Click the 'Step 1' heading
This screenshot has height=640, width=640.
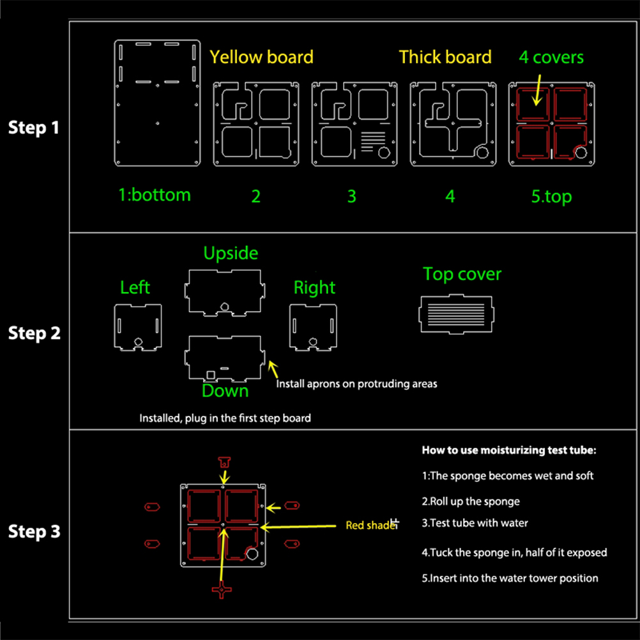pyautogui.click(x=33, y=127)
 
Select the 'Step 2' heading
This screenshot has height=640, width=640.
pyautogui.click(x=33, y=333)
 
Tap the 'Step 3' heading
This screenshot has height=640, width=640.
pyautogui.click(x=33, y=531)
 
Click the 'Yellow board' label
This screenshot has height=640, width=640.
pyautogui.click(x=261, y=57)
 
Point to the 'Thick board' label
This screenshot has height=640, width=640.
pyautogui.click(x=445, y=57)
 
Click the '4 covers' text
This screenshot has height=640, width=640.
pyautogui.click(x=551, y=57)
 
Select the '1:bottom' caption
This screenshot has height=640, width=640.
pyautogui.click(x=155, y=194)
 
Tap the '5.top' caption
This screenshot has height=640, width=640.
pyautogui.click(x=551, y=196)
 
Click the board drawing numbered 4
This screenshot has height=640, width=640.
pyautogui.click(x=450, y=124)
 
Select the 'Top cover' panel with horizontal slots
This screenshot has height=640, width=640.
pyautogui.click(x=456, y=314)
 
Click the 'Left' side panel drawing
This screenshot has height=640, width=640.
pyautogui.click(x=137, y=326)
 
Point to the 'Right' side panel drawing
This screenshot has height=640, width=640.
pyautogui.click(x=313, y=326)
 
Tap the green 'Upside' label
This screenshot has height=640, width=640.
pyautogui.click(x=231, y=253)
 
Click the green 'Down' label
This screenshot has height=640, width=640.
pyautogui.click(x=225, y=390)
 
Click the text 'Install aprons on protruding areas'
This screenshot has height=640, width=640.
pyautogui.click(x=356, y=384)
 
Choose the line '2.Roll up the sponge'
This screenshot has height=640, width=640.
pyautogui.click(x=471, y=501)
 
